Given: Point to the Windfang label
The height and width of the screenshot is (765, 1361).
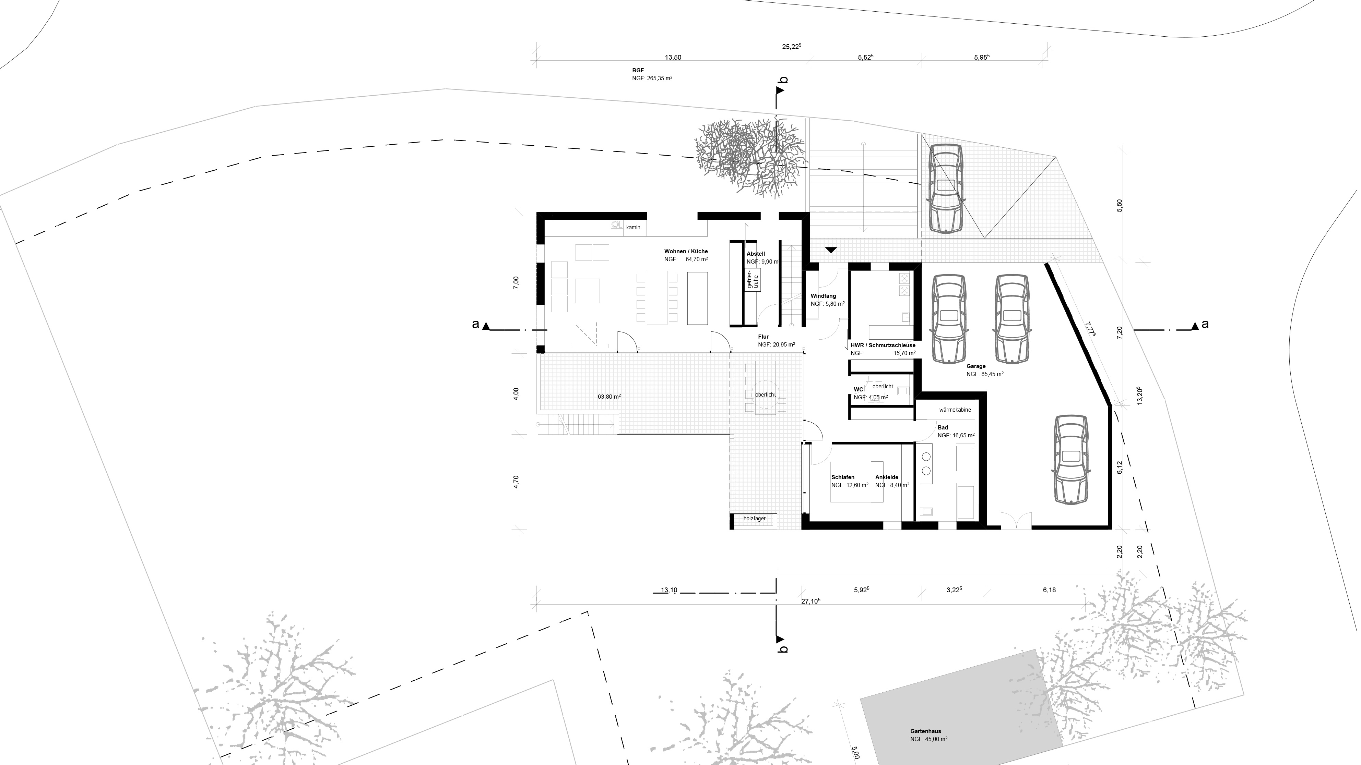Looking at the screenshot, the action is pyautogui.click(x=823, y=296).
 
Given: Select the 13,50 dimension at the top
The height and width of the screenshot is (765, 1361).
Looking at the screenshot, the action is pyautogui.click(x=673, y=58).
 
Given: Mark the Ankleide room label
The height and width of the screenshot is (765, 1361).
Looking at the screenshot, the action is pyautogui.click(x=887, y=477).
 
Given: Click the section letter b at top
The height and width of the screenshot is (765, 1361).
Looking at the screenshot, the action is pyautogui.click(x=784, y=80).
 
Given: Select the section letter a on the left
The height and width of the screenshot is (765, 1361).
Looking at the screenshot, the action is pyautogui.click(x=475, y=324).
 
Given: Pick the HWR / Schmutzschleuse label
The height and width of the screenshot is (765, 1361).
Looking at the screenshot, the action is pyautogui.click(x=883, y=345).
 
